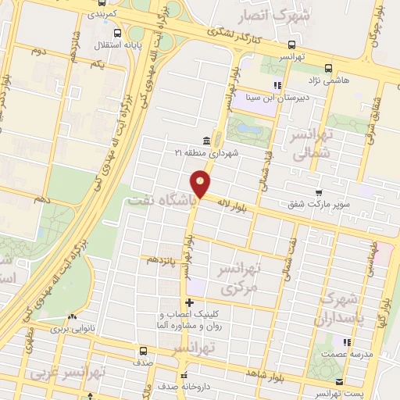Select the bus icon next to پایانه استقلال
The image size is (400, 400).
coord(116,33)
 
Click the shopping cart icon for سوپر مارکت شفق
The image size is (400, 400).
coord(318,193)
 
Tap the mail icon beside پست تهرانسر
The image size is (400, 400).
coord(338,381)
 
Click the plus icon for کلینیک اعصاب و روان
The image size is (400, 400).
coord(188,302)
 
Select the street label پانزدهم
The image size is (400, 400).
coord(159,258)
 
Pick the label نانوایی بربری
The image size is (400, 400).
coord(73,330)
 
